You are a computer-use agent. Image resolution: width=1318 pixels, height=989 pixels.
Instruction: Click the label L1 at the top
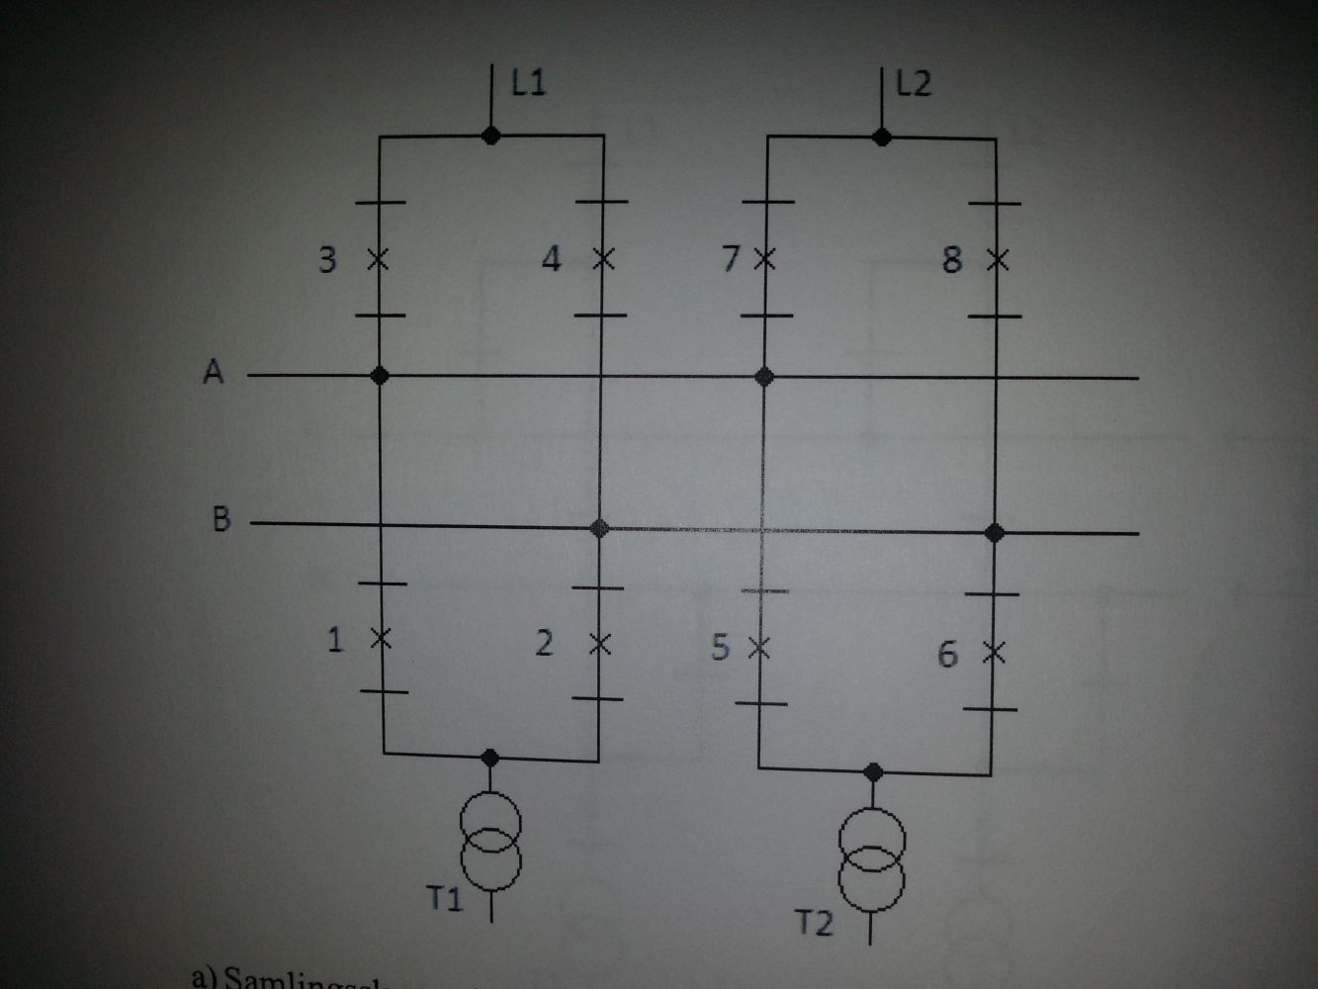point(529,82)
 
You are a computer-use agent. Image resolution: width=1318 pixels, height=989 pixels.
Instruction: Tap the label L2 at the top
point(914,83)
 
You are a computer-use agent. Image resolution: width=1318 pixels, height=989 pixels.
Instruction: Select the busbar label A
point(214,372)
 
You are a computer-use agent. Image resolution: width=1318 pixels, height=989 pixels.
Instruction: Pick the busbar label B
point(221,518)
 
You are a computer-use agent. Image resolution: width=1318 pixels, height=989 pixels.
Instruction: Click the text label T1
point(444,898)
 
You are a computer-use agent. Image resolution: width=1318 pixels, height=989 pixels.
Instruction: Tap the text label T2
point(815,923)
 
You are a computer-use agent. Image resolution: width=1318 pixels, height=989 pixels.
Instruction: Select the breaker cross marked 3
point(379,260)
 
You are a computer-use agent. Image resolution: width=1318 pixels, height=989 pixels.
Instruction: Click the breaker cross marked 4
point(602,260)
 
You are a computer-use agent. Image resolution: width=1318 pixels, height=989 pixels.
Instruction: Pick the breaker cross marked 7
point(763,260)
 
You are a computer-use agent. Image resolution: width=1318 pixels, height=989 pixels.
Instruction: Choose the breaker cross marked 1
point(381,639)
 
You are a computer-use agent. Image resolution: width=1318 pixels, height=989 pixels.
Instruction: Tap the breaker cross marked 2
point(599,644)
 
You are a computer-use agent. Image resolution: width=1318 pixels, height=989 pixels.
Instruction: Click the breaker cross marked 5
point(759,648)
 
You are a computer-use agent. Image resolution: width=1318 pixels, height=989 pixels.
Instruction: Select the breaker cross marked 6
point(994,653)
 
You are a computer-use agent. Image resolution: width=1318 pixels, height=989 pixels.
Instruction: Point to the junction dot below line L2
point(883,136)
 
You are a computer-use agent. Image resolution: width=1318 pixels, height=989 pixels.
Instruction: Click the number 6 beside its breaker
point(947,654)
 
